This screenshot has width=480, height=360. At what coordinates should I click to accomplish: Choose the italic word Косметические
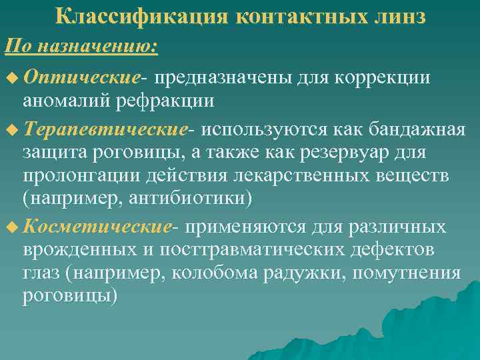pyautogui.click(x=97, y=227)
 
